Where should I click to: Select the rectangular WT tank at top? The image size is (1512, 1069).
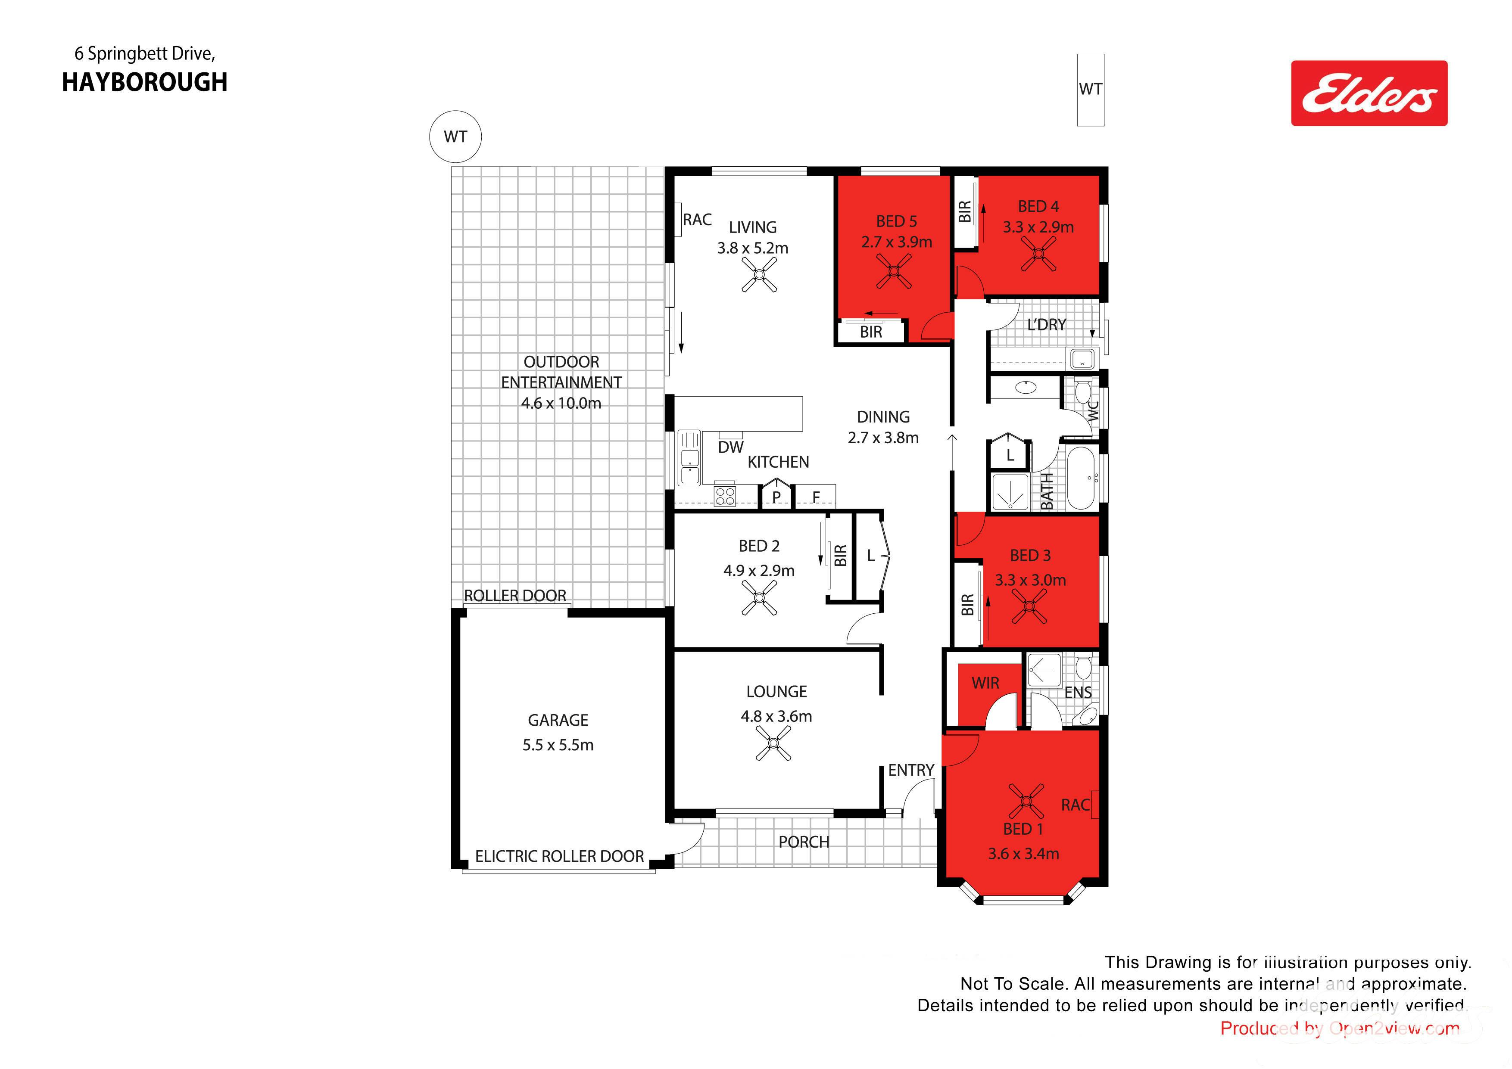(1091, 90)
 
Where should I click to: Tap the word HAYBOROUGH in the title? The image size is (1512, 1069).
(145, 82)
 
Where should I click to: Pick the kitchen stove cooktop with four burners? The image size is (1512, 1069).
(725, 495)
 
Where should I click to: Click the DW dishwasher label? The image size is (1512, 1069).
(731, 447)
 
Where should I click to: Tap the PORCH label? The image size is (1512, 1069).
(804, 842)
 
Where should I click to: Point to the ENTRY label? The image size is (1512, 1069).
(911, 770)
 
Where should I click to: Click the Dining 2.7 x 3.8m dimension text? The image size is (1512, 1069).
(883, 438)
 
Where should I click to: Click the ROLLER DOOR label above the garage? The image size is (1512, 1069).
(515, 596)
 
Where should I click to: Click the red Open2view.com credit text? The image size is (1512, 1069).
(1340, 1028)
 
